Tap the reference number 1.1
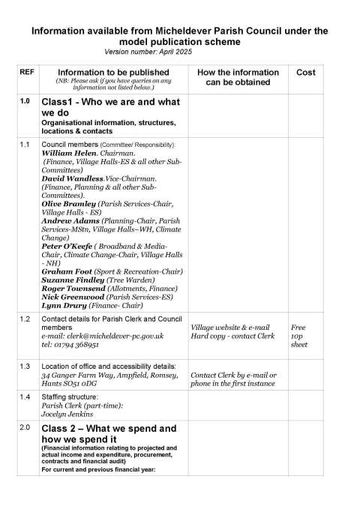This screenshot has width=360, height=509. click(x=25, y=143)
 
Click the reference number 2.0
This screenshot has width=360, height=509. click(x=25, y=428)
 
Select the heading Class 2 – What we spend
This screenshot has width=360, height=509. click(x=108, y=428)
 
